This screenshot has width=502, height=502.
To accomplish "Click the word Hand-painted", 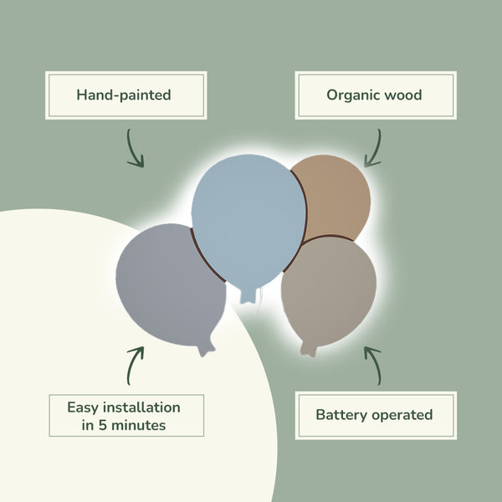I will tap(124, 95).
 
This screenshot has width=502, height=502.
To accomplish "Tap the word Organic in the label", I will tap(348, 95).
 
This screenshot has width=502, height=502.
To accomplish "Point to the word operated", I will tap(402, 414).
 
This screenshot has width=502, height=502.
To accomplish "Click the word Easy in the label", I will tap(85, 407).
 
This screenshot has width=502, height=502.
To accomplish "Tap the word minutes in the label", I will tap(136, 425).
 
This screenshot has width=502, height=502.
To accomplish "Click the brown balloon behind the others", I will tap(335, 197).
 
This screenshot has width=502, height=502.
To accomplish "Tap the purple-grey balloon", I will tap(167, 280).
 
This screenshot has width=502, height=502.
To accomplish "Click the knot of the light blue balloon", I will tap(249, 295).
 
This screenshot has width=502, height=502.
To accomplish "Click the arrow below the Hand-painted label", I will tap(133, 148).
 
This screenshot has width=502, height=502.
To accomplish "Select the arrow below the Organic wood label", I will tap(372, 148).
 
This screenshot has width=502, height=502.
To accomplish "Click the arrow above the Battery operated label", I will tap(372, 364).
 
